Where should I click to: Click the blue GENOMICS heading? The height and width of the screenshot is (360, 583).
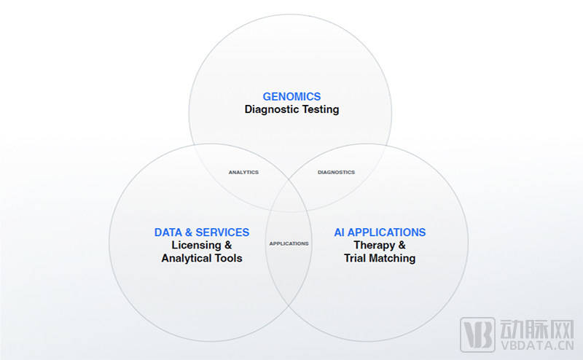pyautogui.click(x=291, y=97)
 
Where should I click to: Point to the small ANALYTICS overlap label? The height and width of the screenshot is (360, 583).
pyautogui.click(x=243, y=172)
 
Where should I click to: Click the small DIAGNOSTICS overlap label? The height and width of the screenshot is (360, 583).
pyautogui.click(x=336, y=172)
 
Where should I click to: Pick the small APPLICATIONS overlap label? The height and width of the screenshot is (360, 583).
pyautogui.click(x=289, y=243)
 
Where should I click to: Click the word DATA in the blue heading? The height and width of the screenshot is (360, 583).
pyautogui.click(x=168, y=232)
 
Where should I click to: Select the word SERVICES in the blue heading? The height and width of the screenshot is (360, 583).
pyautogui.click(x=222, y=232)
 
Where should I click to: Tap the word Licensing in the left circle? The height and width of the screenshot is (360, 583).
pyautogui.click(x=196, y=246)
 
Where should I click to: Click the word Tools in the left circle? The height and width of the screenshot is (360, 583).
pyautogui.click(x=228, y=259)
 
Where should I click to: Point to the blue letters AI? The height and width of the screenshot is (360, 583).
pyautogui.click(x=339, y=232)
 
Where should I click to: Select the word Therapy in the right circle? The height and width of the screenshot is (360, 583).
pyautogui.click(x=374, y=246)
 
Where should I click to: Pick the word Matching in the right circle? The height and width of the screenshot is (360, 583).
pyautogui.click(x=392, y=259)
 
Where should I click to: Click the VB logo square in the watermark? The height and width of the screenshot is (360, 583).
pyautogui.click(x=477, y=334)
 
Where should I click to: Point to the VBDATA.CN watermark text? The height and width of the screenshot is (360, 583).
pyautogui.click(x=537, y=345)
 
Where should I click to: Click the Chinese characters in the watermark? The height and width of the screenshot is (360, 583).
pyautogui.click(x=537, y=328)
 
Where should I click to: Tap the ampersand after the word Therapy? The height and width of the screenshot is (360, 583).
pyautogui.click(x=402, y=246)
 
